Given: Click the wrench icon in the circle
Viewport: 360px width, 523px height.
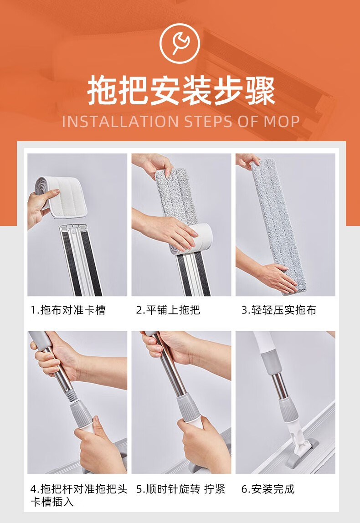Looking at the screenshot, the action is coord(180,42).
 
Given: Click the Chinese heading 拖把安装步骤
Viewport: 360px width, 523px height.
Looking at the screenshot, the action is coord(181,91).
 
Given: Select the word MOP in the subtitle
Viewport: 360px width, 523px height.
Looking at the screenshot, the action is coord(282,121).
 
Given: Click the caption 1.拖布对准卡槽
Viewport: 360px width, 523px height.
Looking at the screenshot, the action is coord(68,310).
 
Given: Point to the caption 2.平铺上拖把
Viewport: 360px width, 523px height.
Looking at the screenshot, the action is coord(168,310).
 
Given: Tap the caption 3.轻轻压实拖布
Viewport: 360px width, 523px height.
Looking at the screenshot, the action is coord(278,310).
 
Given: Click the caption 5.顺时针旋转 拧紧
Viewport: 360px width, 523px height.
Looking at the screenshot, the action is coord(181,489).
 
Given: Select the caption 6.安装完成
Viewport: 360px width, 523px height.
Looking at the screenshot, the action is coord(268,489).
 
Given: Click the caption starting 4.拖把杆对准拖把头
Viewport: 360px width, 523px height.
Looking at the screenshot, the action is coord(79,495).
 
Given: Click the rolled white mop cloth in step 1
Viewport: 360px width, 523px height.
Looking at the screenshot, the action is coord(62,197).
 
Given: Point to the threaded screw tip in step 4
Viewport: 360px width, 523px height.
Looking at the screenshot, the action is coord(71,395).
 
